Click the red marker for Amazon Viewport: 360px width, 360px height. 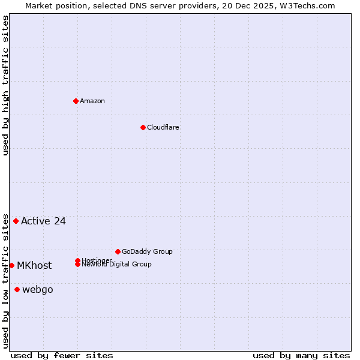pos(76,101)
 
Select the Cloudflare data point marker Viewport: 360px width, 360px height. pos(143,127)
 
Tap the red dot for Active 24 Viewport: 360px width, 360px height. pos(16,221)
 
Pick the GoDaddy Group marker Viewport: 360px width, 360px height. pos(118,251)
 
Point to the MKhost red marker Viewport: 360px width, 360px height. pos(11,265)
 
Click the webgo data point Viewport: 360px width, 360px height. pos(17,290)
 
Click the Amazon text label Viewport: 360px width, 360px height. pos(92,101)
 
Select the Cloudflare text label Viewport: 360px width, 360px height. pos(163,127)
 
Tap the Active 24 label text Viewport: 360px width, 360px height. pos(43,221)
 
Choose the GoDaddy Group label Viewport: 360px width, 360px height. pos(147,251)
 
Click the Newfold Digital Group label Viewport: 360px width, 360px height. pos(117,265)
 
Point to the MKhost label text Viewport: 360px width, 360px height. pos(34,265)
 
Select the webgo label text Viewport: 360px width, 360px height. pos(38,290)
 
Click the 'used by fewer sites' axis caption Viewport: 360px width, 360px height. pos(62,355)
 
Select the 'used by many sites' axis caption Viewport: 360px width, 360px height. pos(301,355)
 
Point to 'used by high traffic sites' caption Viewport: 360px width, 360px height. pos(5,85)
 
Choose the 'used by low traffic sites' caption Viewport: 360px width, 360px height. pos(5,281)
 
